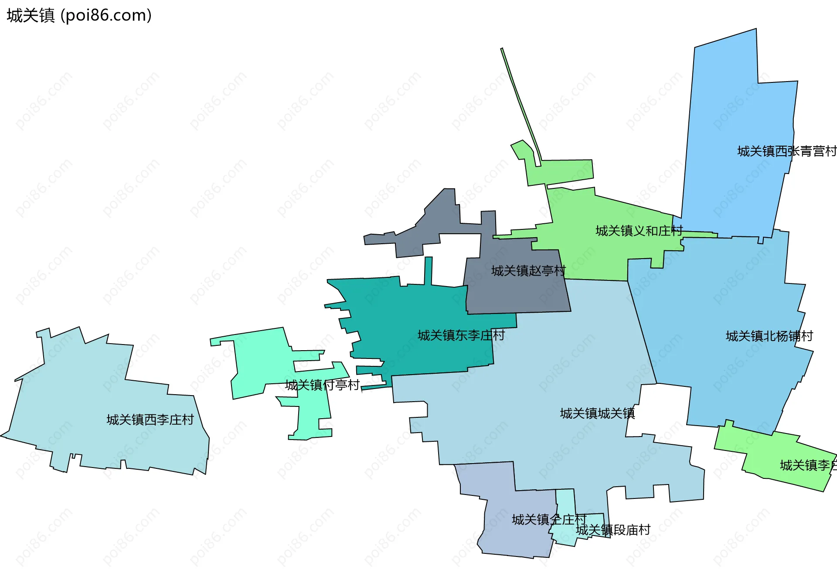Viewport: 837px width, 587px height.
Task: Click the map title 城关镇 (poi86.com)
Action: tap(79, 15)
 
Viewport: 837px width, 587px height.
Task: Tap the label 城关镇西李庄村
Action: tap(150, 420)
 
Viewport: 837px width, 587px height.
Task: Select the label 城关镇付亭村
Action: tap(322, 385)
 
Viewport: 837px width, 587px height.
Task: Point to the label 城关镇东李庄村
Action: tap(461, 335)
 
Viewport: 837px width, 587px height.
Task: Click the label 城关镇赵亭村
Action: tap(528, 271)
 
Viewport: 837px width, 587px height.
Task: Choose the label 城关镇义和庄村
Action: tap(639, 231)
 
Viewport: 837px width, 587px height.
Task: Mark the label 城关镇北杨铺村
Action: tap(769, 336)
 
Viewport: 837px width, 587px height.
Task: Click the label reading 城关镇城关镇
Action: tap(597, 413)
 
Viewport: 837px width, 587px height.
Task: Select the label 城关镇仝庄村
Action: tap(549, 519)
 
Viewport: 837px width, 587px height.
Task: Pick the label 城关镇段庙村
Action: tap(613, 530)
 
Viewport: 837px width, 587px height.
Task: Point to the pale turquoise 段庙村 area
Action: tap(565, 502)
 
